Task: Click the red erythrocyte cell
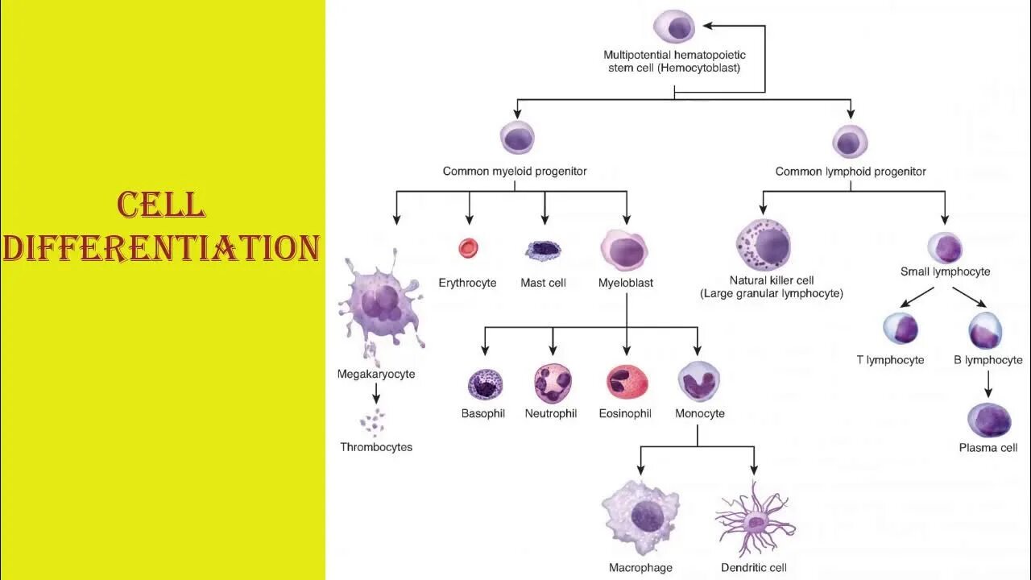tap(469, 248)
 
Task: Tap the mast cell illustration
tap(544, 251)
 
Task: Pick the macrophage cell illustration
tap(641, 517)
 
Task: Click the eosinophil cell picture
tap(627, 383)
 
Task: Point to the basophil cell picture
tap(485, 384)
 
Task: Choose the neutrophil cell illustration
tap(553, 383)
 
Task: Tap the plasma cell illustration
tap(988, 420)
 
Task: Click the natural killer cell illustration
tap(763, 246)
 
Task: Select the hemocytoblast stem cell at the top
tap(673, 27)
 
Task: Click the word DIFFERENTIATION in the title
tap(161, 248)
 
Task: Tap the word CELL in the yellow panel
tap(161, 205)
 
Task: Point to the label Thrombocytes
tap(376, 447)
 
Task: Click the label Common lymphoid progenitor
tap(851, 172)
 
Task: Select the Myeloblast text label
tap(626, 283)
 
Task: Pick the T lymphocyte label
tap(890, 360)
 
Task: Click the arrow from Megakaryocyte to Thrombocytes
tap(376, 393)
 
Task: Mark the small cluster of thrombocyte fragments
tap(373, 422)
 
